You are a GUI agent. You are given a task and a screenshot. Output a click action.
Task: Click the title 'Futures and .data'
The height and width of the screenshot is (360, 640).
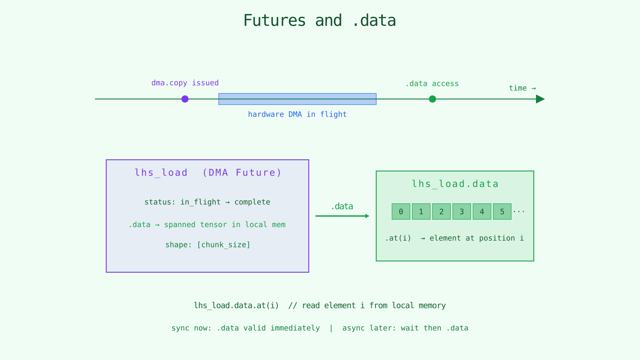pyautogui.click(x=320, y=21)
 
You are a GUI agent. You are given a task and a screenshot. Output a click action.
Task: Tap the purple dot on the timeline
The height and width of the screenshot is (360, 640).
pyautogui.click(x=185, y=99)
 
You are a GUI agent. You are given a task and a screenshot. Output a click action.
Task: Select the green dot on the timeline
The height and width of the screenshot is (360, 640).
pyautogui.click(x=432, y=99)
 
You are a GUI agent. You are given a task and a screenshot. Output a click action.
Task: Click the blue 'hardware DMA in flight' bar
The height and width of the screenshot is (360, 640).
pyautogui.click(x=297, y=99)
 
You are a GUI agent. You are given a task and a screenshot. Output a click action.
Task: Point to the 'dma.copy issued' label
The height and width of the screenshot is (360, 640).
pyautogui.click(x=185, y=83)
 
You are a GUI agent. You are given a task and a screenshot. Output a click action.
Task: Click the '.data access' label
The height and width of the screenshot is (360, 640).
pyautogui.click(x=432, y=84)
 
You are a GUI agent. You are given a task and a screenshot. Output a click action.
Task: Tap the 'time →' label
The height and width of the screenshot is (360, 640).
pyautogui.click(x=522, y=88)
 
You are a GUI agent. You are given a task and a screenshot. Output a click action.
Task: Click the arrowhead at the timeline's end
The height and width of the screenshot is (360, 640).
pyautogui.click(x=540, y=99)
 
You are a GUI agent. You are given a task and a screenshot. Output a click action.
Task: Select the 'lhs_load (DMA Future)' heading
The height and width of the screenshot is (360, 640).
pyautogui.click(x=208, y=173)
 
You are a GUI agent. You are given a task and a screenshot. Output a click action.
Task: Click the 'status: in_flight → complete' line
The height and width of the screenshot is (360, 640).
pyautogui.click(x=207, y=202)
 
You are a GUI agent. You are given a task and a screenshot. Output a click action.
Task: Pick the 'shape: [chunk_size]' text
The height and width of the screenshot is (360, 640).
pyautogui.click(x=208, y=245)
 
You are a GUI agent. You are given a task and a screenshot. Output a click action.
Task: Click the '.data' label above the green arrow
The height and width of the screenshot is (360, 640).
pyautogui.click(x=342, y=207)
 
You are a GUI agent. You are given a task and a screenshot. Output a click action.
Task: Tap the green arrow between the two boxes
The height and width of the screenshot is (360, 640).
pyautogui.click(x=342, y=216)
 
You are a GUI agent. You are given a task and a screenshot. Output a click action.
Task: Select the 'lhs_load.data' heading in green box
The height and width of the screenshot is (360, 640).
pyautogui.click(x=455, y=184)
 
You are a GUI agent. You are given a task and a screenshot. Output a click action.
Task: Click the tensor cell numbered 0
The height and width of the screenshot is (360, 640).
pyautogui.click(x=401, y=212)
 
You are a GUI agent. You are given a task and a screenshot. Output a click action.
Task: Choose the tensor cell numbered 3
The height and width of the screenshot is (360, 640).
pyautogui.click(x=462, y=212)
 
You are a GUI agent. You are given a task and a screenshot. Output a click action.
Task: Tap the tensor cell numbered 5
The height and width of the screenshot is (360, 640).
pyautogui.click(x=502, y=212)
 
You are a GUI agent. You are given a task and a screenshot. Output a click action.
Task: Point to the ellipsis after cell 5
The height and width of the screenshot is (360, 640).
pyautogui.click(x=519, y=211)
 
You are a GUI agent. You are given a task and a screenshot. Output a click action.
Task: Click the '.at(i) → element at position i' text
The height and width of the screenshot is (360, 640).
pyautogui.click(x=454, y=238)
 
